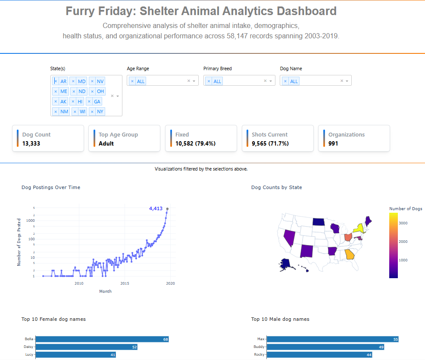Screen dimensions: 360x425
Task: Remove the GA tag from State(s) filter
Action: click(x=89, y=102)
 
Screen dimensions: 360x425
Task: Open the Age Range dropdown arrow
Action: click(x=194, y=81)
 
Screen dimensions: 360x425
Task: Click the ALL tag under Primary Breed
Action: click(x=217, y=81)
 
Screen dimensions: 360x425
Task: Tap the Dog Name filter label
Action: click(x=291, y=68)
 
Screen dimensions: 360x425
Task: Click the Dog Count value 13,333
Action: click(x=31, y=143)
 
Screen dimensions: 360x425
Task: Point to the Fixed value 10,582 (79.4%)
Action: click(x=195, y=143)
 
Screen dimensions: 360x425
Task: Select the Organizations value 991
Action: click(x=333, y=143)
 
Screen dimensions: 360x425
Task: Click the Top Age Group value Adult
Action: click(x=106, y=143)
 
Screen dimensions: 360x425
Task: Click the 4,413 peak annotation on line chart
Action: click(x=156, y=208)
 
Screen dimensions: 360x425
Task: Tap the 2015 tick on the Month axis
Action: click(x=125, y=283)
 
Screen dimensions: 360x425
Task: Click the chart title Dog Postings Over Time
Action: click(x=51, y=187)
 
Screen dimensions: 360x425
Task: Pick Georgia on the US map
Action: click(x=350, y=254)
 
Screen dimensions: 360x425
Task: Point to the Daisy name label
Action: click(x=28, y=347)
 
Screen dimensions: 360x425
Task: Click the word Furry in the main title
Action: click(x=81, y=11)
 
